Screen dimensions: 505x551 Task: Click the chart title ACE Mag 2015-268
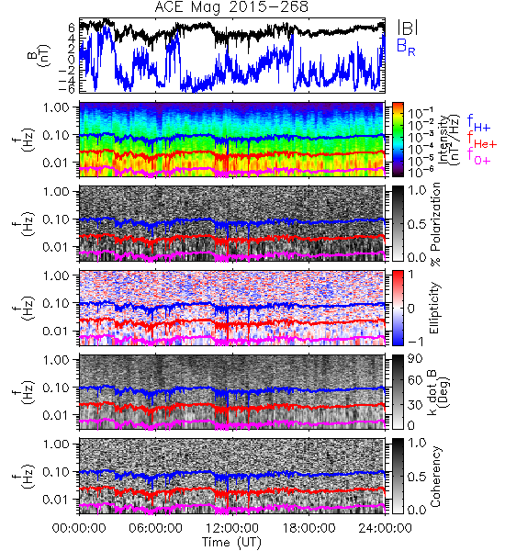pos(231,6)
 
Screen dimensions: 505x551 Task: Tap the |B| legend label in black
pos(408,28)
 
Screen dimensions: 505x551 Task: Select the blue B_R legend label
pos(406,48)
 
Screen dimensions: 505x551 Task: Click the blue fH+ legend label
pos(478,123)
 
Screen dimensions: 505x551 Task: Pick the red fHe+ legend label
pos(482,141)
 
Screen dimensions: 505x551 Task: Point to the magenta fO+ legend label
pos(478,157)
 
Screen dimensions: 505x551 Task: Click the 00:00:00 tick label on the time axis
pos(79,528)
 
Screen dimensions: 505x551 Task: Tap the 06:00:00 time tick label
pos(156,528)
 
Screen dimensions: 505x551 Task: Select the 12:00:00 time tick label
pos(232,528)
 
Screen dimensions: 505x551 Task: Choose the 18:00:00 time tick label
pos(309,528)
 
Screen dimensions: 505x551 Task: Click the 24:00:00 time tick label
pos(385,528)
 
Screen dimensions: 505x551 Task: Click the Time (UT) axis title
pos(232,542)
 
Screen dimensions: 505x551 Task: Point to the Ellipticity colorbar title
pos(434,309)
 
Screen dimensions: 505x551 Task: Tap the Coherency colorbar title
pos(434,477)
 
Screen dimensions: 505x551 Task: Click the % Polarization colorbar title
pos(435,224)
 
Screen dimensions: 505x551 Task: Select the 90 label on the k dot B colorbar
pos(415,359)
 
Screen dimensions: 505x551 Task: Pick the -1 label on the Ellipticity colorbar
pos(415,342)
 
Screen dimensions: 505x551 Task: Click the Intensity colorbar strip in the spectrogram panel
pos(398,140)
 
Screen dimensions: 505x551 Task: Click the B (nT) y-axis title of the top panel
pos(39,55)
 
